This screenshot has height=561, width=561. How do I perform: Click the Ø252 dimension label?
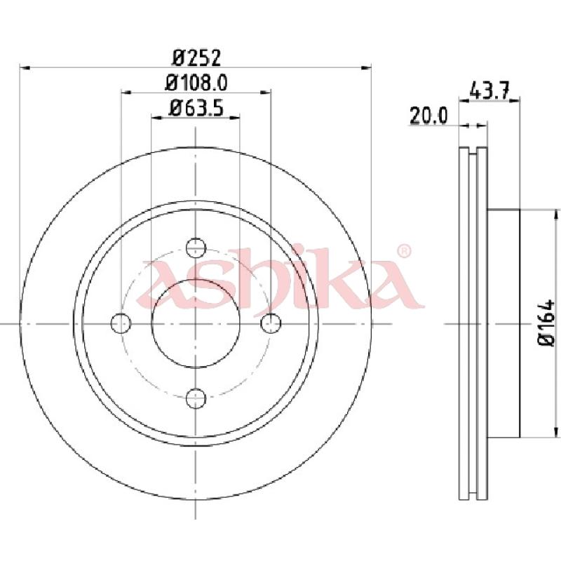pos(196,58)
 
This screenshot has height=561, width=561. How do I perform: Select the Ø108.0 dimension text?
pos(196,83)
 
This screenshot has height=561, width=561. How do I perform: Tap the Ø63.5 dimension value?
pos(197,108)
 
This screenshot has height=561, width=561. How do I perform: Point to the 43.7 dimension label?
pos(489,91)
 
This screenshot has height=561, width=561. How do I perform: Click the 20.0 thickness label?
pos(428,116)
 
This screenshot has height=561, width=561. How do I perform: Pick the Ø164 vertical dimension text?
pos(547,323)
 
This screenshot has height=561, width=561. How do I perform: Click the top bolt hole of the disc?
pos(196,248)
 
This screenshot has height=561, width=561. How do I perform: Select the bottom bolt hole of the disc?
pos(196,398)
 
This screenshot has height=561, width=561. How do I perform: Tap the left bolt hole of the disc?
pos(121,323)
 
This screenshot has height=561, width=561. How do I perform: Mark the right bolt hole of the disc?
pos(271,323)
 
